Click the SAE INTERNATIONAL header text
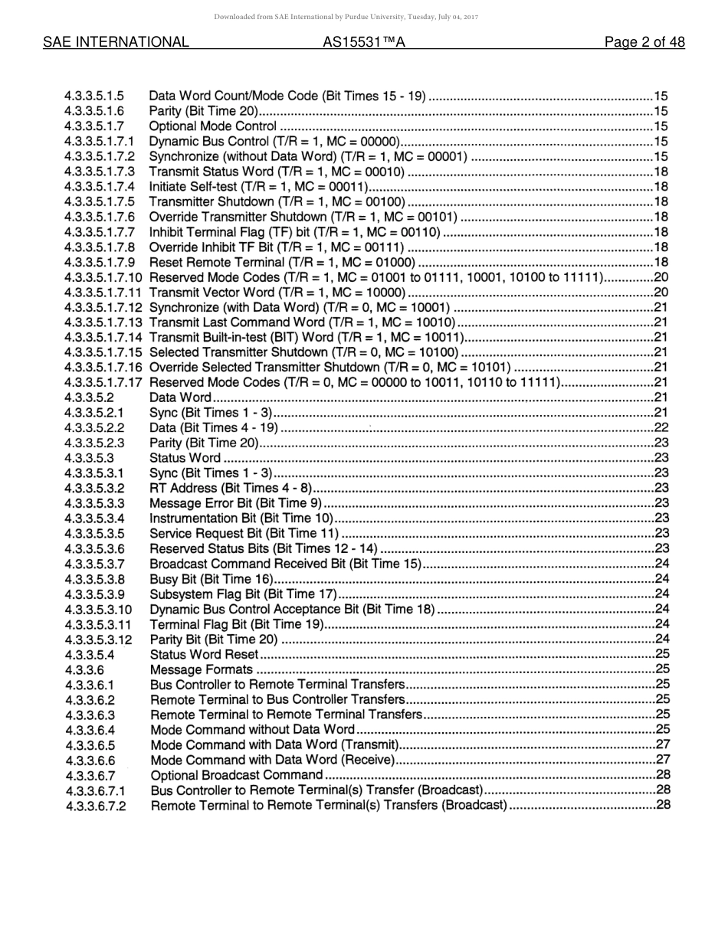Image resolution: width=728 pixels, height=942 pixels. tap(116, 42)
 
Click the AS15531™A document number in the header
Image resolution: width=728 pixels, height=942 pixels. tap(363, 42)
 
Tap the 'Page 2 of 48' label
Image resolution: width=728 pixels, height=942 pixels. tap(644, 42)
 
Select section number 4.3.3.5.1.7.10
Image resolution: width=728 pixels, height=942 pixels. tap(103, 277)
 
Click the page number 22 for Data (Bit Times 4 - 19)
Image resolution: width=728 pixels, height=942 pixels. tap(661, 427)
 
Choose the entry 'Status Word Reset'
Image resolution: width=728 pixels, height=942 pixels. tap(204, 655)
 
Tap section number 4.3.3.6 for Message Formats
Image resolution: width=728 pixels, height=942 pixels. tap(85, 669)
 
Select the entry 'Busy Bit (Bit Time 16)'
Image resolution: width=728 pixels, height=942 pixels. tap(211, 579)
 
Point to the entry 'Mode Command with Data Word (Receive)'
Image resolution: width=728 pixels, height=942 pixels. tap(272, 760)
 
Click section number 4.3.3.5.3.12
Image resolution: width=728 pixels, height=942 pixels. tap(99, 639)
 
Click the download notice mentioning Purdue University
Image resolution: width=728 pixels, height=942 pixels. tap(346, 16)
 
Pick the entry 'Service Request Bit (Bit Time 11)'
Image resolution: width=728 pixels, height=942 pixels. tap(244, 534)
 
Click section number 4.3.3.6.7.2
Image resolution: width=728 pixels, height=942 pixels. tap(96, 806)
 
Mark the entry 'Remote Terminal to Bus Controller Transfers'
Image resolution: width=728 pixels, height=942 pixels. tap(277, 699)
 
